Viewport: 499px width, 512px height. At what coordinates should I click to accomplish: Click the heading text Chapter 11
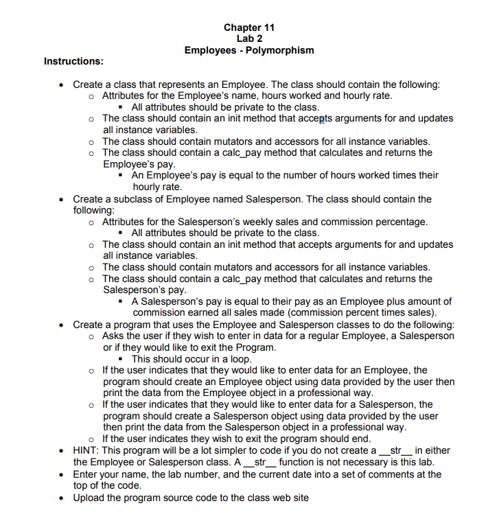[249, 27]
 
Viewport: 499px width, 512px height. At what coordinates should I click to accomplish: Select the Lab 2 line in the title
[249, 38]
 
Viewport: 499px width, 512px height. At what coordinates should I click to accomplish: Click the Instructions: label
[73, 62]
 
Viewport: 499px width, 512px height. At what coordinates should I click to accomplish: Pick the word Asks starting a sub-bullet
[114, 336]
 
